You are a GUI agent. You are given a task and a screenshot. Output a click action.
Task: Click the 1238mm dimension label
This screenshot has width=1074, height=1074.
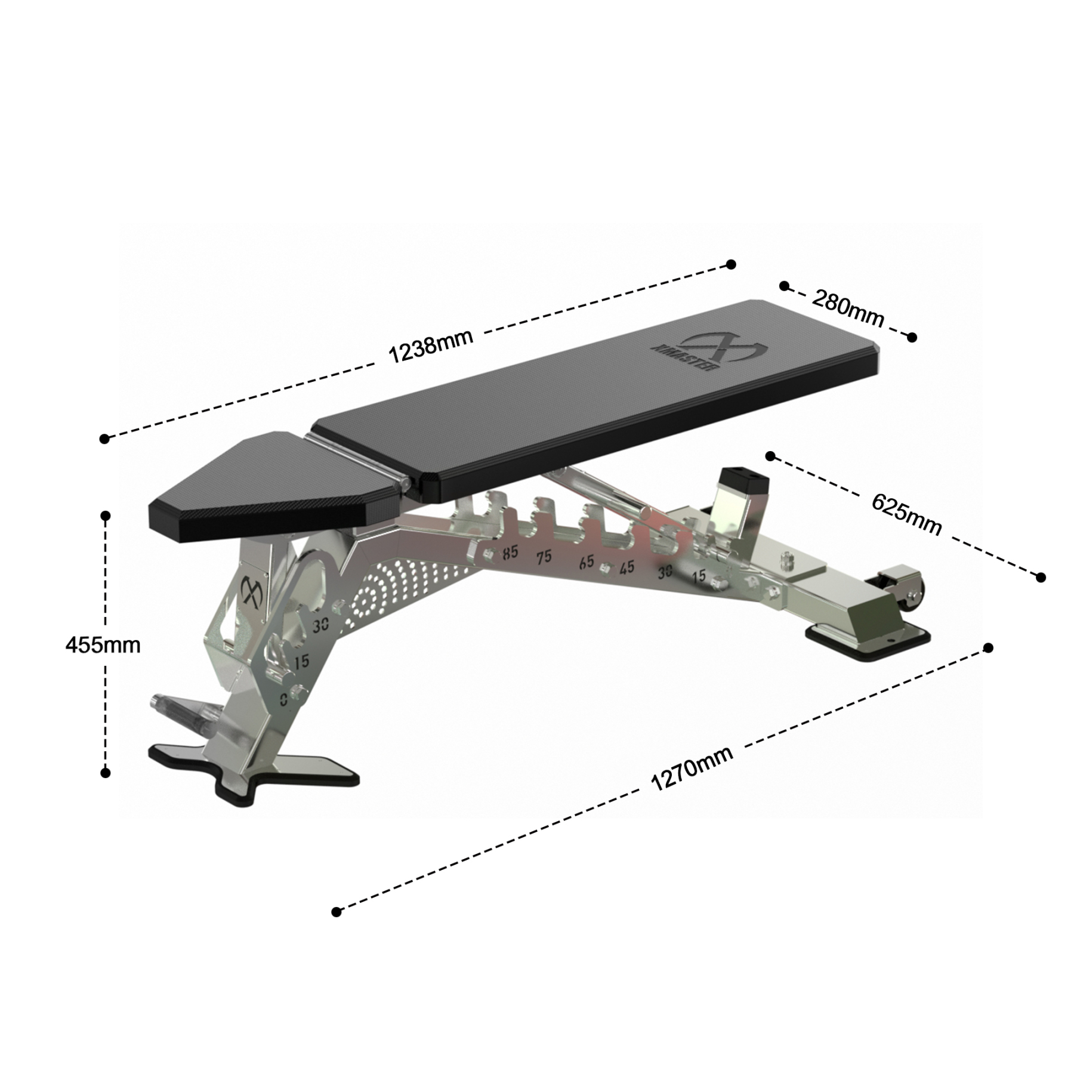(x=430, y=346)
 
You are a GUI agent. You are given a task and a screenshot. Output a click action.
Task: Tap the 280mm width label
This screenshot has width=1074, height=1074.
(x=847, y=309)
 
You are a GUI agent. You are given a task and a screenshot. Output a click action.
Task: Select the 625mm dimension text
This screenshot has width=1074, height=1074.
(x=906, y=514)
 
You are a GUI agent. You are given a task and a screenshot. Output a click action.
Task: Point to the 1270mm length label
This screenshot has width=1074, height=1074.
(x=692, y=769)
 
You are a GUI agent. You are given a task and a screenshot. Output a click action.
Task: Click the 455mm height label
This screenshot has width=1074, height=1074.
(x=103, y=645)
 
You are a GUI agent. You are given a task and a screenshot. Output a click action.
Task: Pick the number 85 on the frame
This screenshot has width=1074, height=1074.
(x=510, y=553)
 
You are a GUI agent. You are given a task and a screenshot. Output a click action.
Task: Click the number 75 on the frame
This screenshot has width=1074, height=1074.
(x=543, y=557)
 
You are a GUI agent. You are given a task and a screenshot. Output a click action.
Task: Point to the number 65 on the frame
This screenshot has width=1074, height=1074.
(x=587, y=561)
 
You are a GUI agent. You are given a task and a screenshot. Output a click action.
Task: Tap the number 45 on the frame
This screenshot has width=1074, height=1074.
(x=626, y=567)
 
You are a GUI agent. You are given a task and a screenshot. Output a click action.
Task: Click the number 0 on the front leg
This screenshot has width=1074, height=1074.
(x=284, y=699)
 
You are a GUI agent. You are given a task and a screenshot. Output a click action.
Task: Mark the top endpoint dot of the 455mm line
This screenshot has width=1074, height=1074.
(x=106, y=516)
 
